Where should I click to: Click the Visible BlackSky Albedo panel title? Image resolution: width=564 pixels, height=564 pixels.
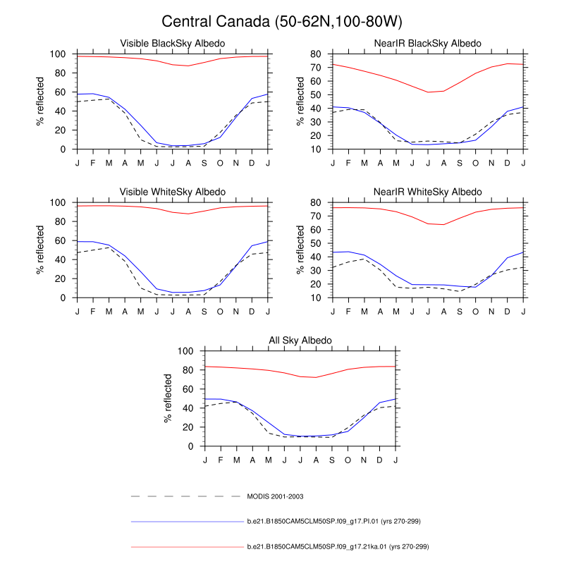pos(173,44)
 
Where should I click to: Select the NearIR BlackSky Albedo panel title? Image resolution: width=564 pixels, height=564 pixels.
pos(428,44)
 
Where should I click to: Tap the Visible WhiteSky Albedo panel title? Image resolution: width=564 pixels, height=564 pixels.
pos(173,192)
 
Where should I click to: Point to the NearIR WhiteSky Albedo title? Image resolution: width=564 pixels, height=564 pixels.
pos(428,192)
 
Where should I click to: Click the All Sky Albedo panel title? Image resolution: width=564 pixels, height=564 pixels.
pos(300,341)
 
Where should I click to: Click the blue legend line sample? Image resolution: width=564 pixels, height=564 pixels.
pos(187,522)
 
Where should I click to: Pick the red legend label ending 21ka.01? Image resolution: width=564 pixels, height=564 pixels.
pos(338,546)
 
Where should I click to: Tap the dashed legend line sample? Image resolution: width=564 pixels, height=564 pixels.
pos(187,497)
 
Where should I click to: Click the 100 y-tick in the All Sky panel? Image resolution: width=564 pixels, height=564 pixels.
pos(186,351)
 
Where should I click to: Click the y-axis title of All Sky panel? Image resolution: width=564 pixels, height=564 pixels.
pos(168,398)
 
